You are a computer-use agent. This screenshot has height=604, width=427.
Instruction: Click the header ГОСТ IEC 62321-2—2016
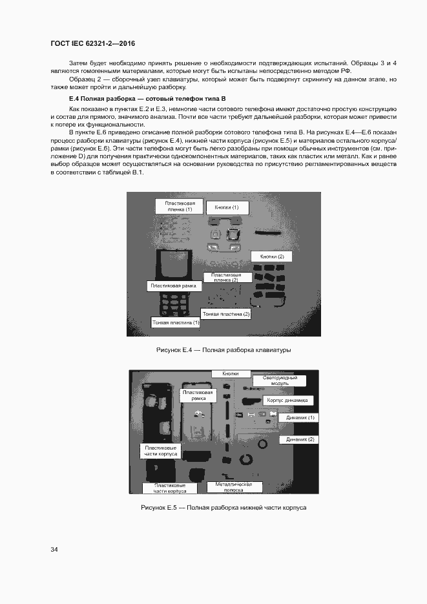(92, 44)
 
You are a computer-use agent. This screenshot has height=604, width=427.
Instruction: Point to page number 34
(54, 549)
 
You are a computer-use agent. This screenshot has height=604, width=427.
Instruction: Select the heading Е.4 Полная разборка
(147, 98)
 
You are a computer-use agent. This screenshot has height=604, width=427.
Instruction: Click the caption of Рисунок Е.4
(224, 349)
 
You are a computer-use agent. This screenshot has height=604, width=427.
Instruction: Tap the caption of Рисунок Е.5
(223, 508)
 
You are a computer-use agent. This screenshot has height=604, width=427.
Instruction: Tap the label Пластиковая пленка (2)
(226, 277)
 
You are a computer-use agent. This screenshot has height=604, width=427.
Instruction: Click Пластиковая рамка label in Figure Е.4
(173, 286)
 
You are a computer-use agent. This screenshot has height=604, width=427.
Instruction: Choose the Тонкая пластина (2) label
(226, 314)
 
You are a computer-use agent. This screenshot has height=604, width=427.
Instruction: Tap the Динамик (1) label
(300, 418)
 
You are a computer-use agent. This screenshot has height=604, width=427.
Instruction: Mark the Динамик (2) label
(300, 439)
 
